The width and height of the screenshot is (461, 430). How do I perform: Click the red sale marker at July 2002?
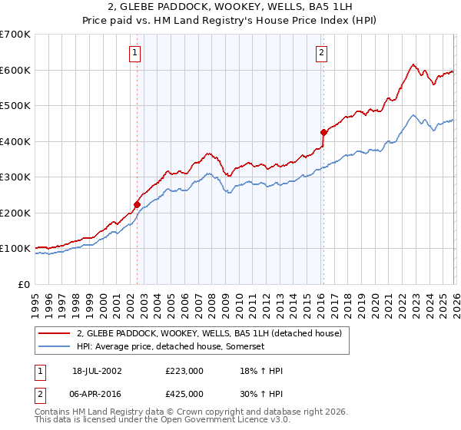[x=137, y=204]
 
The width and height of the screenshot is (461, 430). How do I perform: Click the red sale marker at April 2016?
[x=323, y=132]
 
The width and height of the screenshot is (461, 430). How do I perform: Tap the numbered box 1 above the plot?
[x=134, y=53]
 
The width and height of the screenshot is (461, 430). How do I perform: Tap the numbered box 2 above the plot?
[x=321, y=53]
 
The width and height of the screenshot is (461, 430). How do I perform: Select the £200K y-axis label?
[x=15, y=213]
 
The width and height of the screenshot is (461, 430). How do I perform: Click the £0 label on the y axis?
[x=23, y=284]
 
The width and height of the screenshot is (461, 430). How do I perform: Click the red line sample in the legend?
[x=55, y=333]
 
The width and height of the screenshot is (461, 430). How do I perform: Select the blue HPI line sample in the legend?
[x=55, y=347]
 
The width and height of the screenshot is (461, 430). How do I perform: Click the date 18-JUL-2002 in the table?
[x=97, y=370]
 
